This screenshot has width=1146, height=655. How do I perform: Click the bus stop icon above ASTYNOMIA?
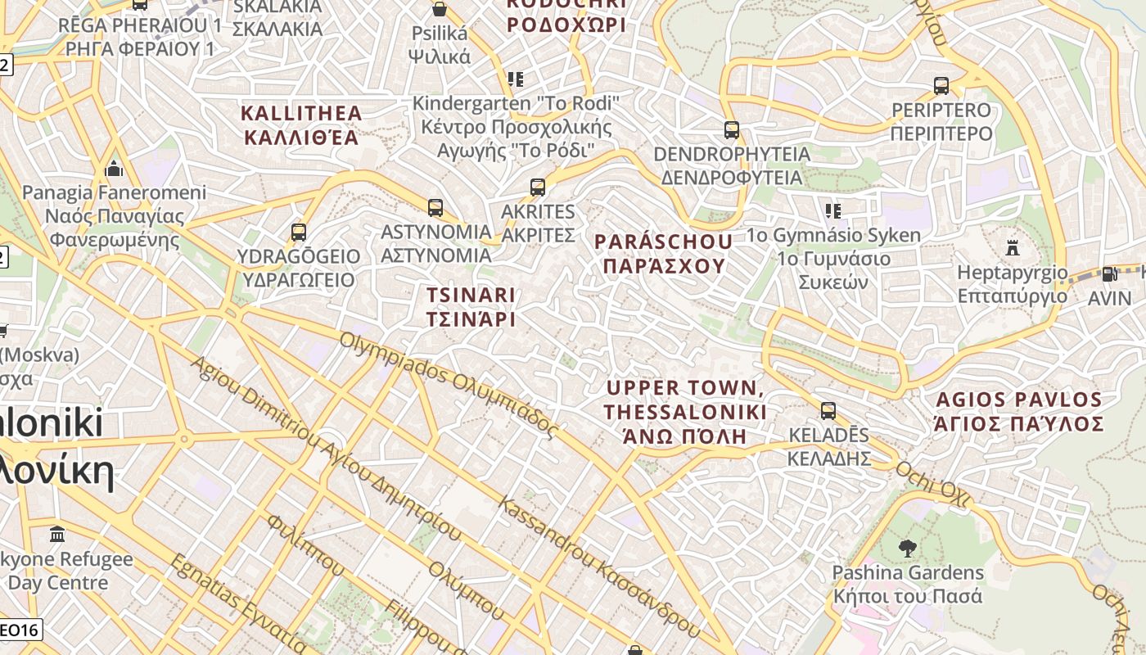point(435,208)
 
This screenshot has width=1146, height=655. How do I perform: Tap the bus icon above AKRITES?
point(538,187)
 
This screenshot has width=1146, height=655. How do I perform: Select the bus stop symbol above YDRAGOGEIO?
point(299,233)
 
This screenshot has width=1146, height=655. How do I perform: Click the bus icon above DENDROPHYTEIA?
point(731,130)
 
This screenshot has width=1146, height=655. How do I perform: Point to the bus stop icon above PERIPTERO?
point(941,86)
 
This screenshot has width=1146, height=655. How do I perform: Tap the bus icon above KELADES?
point(828,411)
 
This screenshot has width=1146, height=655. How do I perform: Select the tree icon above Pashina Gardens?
point(906,548)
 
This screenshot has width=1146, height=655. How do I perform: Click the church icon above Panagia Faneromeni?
point(114,169)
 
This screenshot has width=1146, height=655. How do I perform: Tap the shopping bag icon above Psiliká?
point(440,10)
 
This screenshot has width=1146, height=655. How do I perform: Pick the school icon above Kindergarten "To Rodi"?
point(515,79)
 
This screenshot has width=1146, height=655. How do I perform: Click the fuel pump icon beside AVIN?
point(1109,274)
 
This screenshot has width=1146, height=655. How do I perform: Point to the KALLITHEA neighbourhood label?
point(301,124)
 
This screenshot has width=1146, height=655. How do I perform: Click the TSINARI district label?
point(471,306)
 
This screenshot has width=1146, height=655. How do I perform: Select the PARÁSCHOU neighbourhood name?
point(663,253)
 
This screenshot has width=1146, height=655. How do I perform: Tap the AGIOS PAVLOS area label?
point(1019,412)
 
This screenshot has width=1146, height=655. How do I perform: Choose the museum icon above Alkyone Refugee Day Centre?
point(57,535)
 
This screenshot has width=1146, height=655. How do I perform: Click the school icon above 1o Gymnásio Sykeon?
point(833,211)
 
